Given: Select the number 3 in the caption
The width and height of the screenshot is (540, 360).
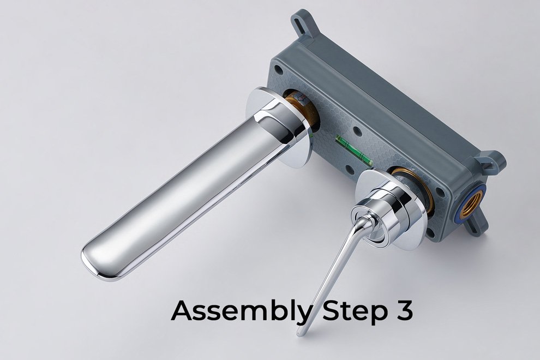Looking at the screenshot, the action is [x=403, y=310].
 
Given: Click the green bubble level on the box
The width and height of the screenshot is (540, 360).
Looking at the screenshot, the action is [x=353, y=149].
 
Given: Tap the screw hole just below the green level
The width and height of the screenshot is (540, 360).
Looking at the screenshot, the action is [x=349, y=169].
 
